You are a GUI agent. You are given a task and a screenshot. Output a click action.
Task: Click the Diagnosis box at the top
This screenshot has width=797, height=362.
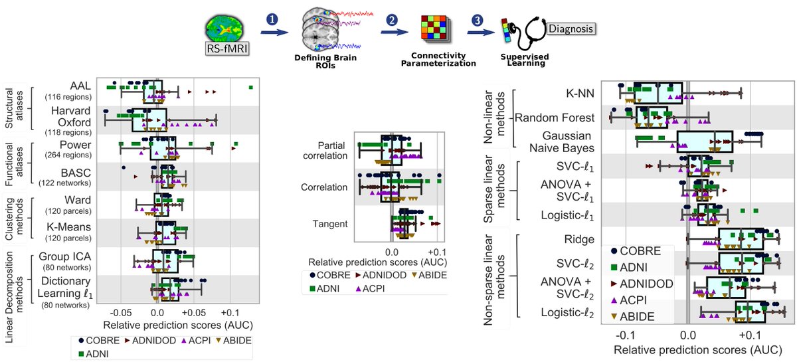(x=571, y=29)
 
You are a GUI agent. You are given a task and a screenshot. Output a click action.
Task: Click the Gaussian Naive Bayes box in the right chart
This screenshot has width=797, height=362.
(x=704, y=141)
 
